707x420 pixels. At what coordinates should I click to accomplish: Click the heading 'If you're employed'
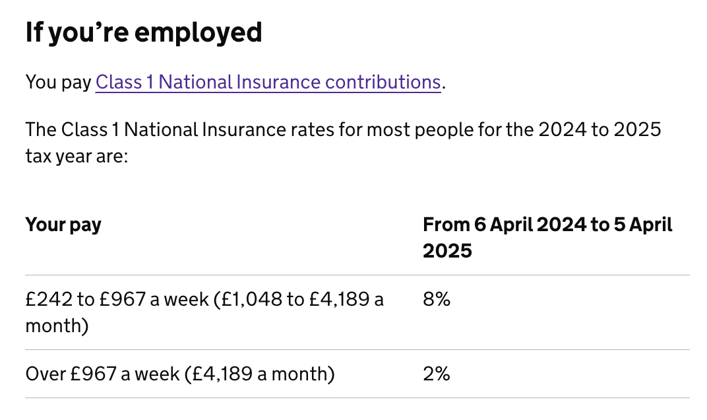pos(144,33)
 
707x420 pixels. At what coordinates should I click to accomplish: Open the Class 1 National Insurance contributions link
pos(268,83)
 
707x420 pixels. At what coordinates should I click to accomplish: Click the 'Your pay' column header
pos(63,225)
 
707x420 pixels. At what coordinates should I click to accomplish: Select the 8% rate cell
pos(436,300)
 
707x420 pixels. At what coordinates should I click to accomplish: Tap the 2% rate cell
pos(436,374)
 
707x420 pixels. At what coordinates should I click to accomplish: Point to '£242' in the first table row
pos(48,300)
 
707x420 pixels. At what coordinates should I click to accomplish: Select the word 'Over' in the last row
pos(46,374)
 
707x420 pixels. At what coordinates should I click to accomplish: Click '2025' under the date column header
pos(448,251)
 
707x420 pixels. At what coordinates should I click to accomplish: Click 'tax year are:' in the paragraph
pos(76,155)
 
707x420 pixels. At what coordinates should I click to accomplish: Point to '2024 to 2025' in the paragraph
pos(599,129)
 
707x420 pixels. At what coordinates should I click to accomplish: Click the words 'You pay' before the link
pos(58,83)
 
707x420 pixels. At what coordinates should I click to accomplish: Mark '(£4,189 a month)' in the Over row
pos(260,374)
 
